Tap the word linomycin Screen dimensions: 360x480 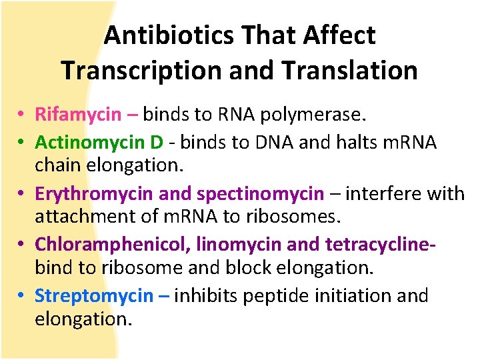[236, 245]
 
